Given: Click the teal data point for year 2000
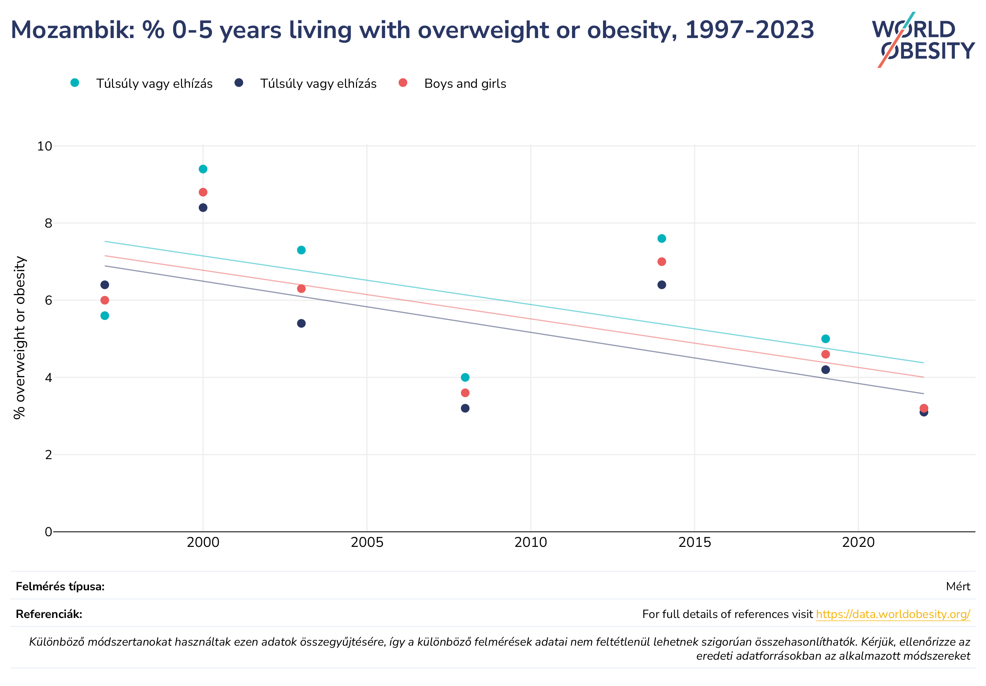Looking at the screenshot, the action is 203,169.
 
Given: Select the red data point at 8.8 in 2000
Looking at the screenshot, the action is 203,192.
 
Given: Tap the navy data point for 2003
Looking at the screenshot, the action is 301,323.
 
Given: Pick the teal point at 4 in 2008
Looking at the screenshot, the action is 465,377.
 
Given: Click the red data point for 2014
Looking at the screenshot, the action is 662,262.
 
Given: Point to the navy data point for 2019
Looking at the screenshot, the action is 825,370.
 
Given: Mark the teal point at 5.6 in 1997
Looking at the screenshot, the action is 105,316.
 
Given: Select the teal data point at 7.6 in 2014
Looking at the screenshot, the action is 662,239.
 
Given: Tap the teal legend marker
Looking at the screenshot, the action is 75,82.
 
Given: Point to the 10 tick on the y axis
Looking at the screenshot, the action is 45,146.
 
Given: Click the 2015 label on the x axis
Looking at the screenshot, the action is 694,543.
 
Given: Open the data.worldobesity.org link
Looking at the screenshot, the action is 893,614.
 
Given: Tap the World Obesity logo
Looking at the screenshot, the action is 923,40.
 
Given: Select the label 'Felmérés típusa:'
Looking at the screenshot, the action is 60,587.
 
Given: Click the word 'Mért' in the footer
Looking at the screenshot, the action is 958,587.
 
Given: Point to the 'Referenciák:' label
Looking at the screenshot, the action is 49,614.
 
